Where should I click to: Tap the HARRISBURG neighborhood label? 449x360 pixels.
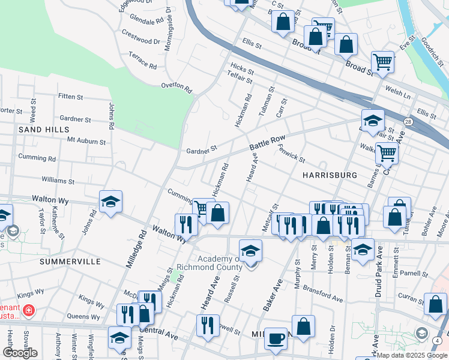click(330, 175)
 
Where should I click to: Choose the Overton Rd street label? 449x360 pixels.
click(176, 88)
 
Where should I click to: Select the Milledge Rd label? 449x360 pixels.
click(136, 248)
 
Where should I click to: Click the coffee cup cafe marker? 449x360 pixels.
click(276, 338)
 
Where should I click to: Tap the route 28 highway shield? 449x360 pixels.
click(408, 122)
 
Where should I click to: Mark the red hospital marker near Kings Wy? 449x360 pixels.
click(28, 311)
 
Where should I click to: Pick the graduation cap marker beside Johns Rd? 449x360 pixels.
click(111, 203)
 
